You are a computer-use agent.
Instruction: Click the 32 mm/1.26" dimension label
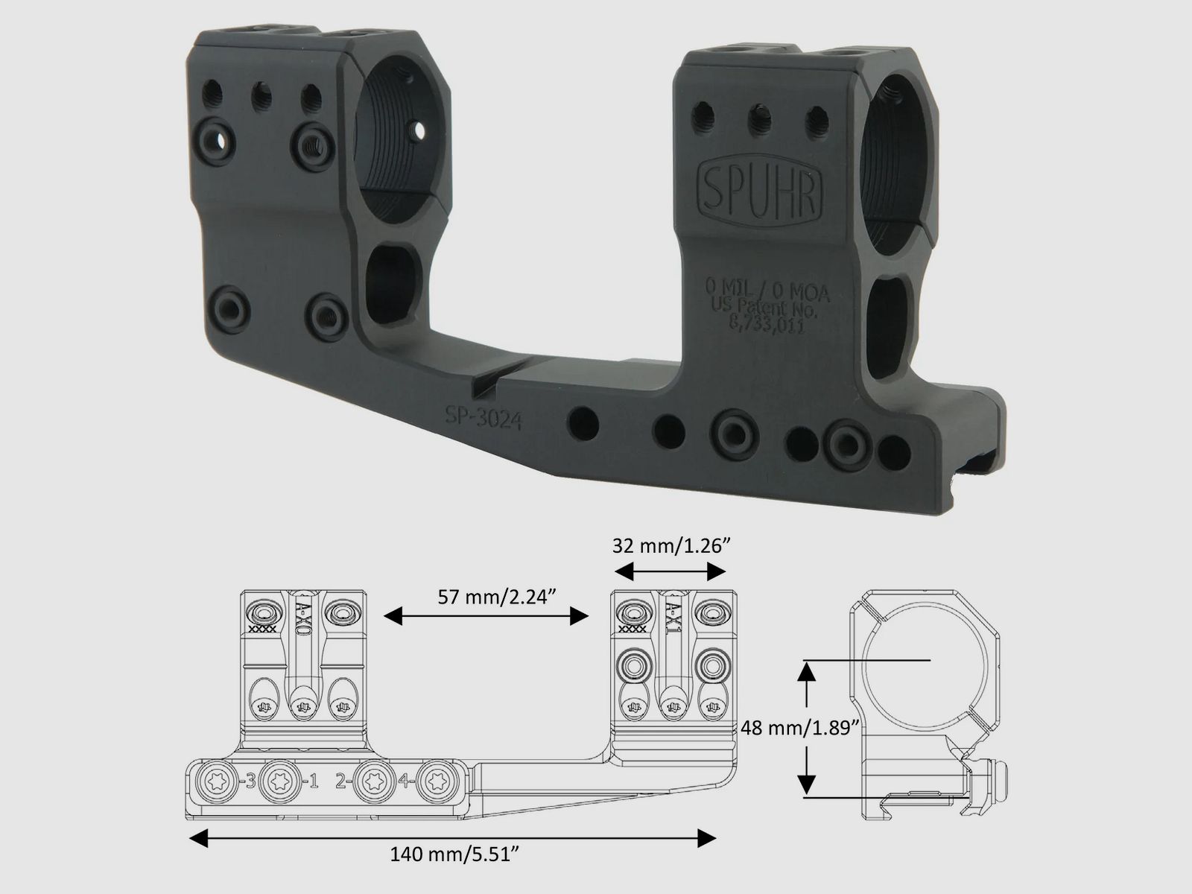click(x=668, y=545)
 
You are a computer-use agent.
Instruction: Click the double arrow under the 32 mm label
click(x=668, y=571)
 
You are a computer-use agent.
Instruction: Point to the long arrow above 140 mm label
click(x=453, y=840)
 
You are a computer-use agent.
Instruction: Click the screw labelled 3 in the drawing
click(x=218, y=782)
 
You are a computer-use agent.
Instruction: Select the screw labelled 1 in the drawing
click(x=281, y=782)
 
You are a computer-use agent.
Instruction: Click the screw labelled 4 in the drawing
click(x=434, y=782)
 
